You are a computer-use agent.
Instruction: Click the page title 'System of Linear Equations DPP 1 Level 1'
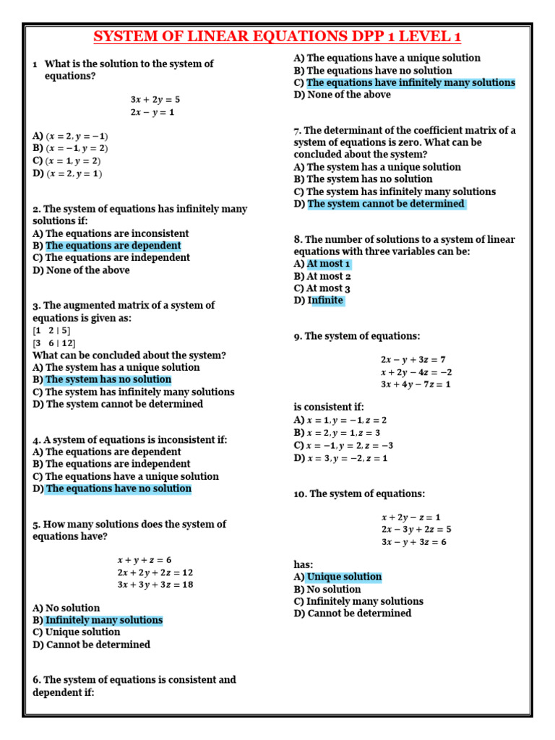(277, 37)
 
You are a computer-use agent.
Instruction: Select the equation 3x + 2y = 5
(155, 100)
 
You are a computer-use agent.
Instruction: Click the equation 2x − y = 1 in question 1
(152, 112)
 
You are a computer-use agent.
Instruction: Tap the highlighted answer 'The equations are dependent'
(113, 246)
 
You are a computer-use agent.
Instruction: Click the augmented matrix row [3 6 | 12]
(53, 343)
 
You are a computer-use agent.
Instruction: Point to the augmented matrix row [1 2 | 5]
(51, 331)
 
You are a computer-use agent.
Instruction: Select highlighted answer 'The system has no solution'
(108, 379)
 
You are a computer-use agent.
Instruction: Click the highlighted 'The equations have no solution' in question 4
(119, 489)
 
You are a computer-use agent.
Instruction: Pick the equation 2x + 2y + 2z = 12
(155, 572)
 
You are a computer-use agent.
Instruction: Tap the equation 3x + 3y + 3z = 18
(155, 585)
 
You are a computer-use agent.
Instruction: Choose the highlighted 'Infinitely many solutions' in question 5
(104, 620)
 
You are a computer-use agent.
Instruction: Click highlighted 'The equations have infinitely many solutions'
(410, 82)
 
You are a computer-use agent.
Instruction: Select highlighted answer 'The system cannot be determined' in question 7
(386, 204)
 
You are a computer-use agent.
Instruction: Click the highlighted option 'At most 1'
(329, 264)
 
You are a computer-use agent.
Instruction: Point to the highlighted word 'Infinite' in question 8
(327, 300)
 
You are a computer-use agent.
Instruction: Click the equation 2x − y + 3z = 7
(413, 359)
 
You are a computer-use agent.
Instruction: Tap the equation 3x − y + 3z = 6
(413, 542)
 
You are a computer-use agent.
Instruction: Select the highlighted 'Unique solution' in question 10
(344, 577)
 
